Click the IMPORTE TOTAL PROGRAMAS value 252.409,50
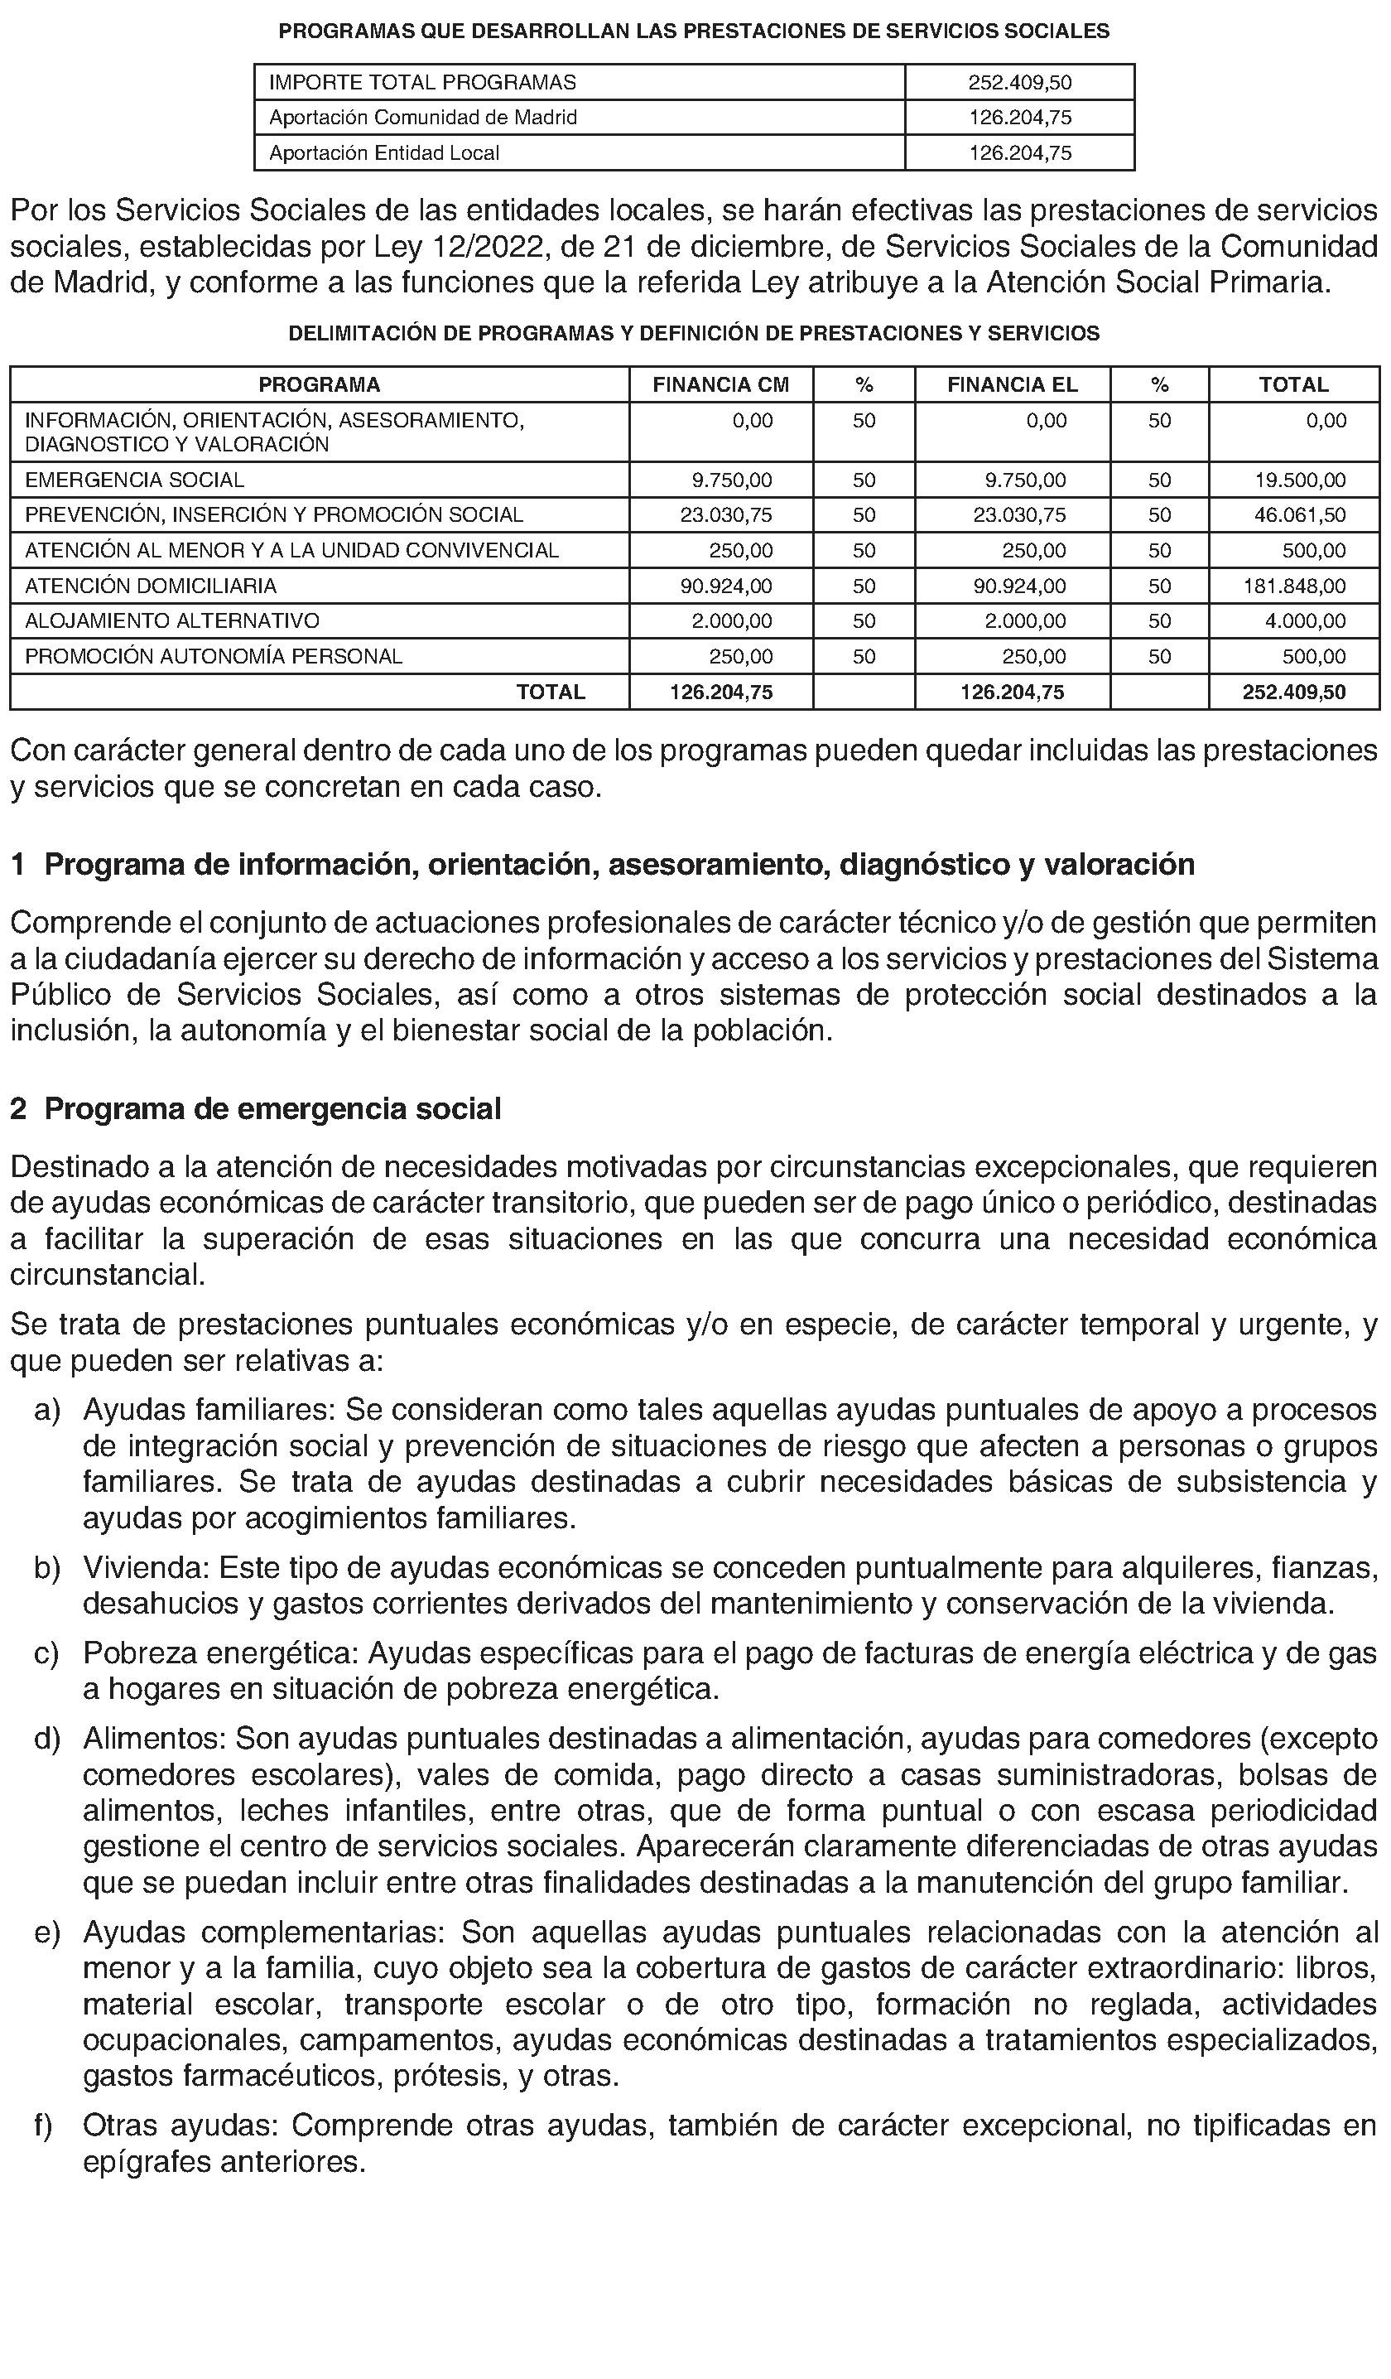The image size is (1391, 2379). [x=1019, y=82]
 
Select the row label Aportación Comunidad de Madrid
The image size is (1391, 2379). [x=423, y=117]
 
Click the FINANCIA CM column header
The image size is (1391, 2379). [x=720, y=384]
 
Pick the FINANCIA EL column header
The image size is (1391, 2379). [x=1012, y=384]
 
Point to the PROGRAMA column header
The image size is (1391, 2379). [x=319, y=384]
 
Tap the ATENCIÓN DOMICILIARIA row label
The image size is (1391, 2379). [x=151, y=586]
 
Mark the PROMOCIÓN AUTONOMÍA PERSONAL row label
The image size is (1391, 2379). [x=214, y=656]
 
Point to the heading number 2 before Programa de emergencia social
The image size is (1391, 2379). [x=18, y=1108]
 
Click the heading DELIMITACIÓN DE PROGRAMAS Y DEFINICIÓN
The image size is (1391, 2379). [x=694, y=333]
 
